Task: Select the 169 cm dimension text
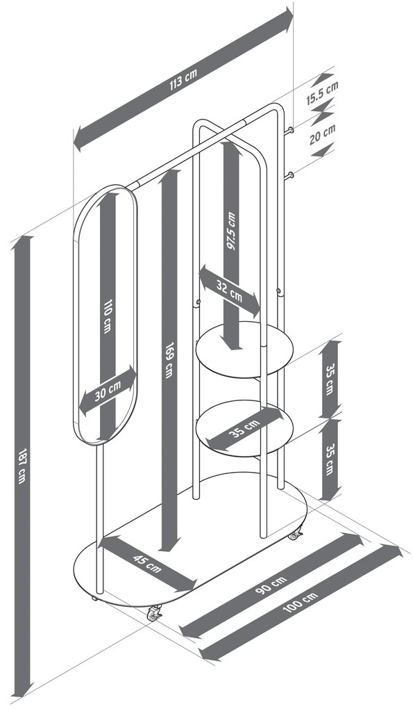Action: pos(169,360)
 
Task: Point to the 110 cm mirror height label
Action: pos(107,316)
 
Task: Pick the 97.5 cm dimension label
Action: pos(232,231)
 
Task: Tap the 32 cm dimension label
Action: pos(229,291)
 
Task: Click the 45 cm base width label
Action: pos(147,564)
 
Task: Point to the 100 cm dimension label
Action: pos(301,602)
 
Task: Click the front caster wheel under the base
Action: pos(155,612)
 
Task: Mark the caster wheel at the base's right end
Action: pos(296,535)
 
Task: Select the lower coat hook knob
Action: pos(290,175)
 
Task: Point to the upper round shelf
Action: pos(244,350)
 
